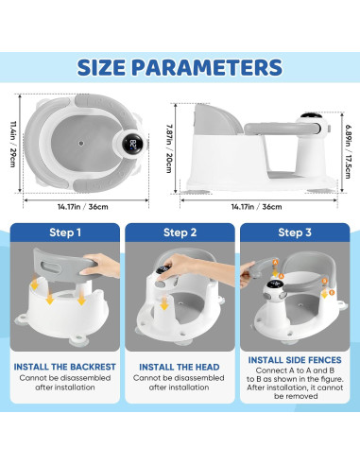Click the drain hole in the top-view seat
tap(80, 145)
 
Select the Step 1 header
tap(65, 232)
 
